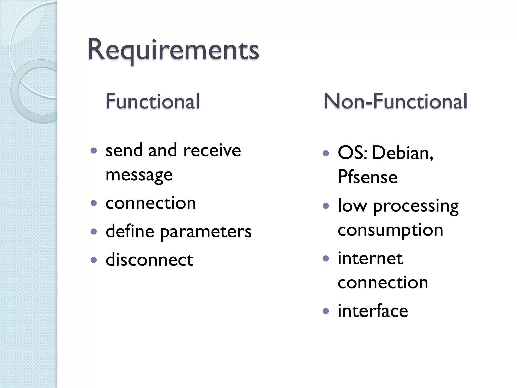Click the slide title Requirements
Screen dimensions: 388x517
(173, 50)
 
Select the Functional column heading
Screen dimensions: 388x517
(152, 101)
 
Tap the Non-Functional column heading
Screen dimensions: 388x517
(395, 101)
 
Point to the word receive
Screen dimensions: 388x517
(212, 150)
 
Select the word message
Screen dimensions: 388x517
(139, 175)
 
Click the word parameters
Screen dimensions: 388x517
(206, 232)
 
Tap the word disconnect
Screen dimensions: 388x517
(149, 260)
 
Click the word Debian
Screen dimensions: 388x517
(402, 153)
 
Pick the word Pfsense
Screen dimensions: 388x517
(367, 177)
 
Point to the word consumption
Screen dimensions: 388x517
(390, 230)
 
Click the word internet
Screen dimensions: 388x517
(370, 258)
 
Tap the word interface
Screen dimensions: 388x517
(373, 311)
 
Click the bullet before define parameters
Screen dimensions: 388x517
(94, 232)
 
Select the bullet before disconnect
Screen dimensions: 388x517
(94, 260)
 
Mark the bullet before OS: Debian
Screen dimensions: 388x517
(326, 153)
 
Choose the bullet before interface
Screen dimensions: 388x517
(326, 311)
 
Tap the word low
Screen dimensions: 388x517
(352, 206)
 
